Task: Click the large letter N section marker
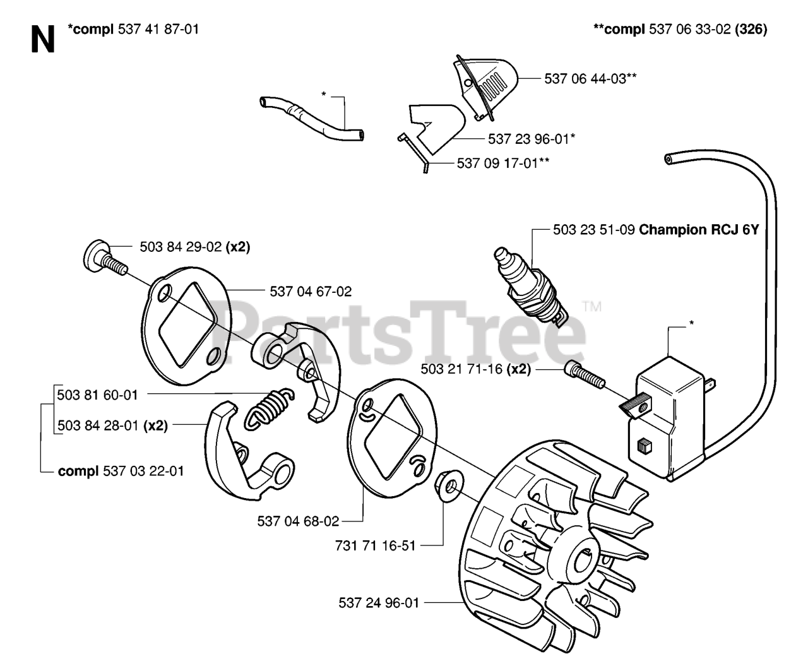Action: (x=42, y=40)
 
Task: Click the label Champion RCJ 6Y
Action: (x=699, y=230)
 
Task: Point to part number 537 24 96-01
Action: (x=379, y=603)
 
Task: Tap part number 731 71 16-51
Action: (x=376, y=545)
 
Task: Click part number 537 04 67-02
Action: (x=311, y=292)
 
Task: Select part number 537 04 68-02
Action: (x=298, y=521)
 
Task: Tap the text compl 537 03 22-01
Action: (x=121, y=471)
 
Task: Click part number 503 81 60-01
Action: (x=97, y=395)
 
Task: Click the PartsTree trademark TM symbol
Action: (x=592, y=307)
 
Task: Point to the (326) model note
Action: (x=751, y=29)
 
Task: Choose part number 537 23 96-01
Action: (x=531, y=139)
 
